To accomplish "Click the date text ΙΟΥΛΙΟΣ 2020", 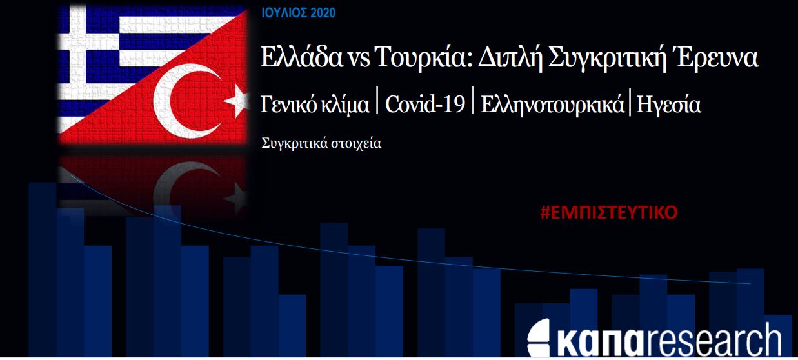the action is (x=299, y=13).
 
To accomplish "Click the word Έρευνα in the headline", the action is (x=715, y=57).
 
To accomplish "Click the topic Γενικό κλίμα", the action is (x=315, y=105).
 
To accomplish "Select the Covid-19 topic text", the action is (x=425, y=104).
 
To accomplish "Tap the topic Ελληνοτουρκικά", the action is (x=552, y=105).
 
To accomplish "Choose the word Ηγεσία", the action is (x=668, y=105).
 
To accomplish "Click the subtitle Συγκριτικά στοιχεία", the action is (x=321, y=143).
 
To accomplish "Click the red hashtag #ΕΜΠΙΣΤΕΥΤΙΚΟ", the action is (x=608, y=212).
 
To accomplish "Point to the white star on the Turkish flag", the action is (x=237, y=101).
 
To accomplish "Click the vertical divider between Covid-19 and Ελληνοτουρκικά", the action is (x=473, y=100).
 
